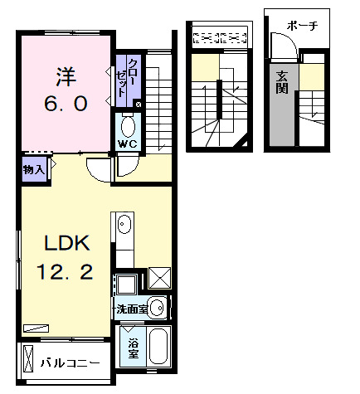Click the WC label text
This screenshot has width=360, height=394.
[x=127, y=143]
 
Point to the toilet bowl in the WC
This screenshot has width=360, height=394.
[x=129, y=126]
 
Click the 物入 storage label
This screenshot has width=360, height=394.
[x=33, y=169]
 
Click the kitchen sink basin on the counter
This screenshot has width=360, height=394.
[x=124, y=224]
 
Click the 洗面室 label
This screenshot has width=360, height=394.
[x=132, y=309]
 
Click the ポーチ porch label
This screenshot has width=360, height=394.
[x=304, y=27]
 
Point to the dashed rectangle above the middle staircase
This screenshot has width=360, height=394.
[x=220, y=36]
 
